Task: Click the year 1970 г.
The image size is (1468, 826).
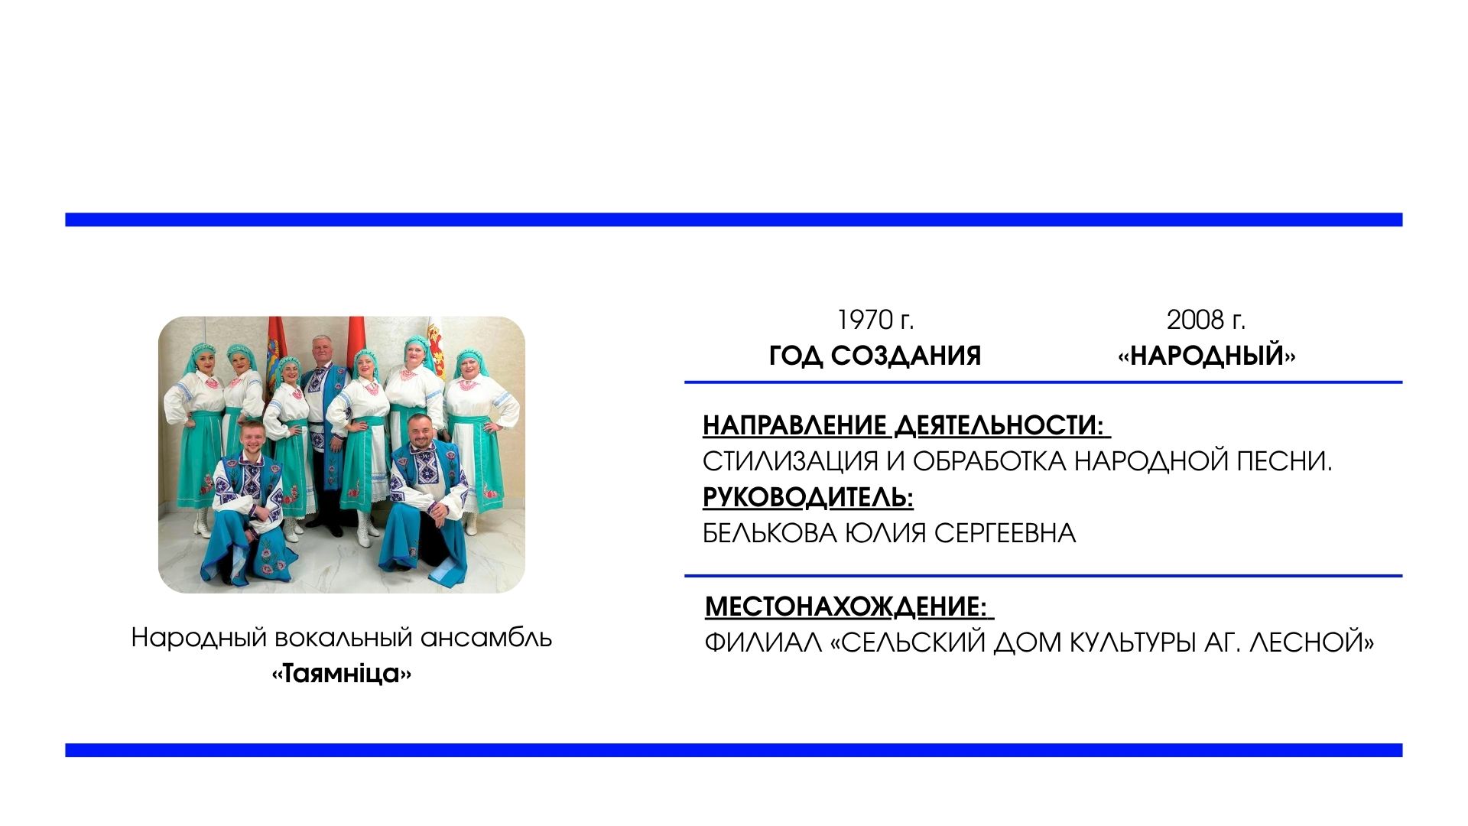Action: click(875, 320)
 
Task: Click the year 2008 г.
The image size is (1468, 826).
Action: click(1206, 320)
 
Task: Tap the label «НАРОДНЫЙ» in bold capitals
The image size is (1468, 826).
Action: click(1207, 356)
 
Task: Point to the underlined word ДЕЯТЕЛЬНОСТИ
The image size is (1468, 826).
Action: click(1001, 425)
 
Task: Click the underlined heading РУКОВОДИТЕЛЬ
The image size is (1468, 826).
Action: click(808, 498)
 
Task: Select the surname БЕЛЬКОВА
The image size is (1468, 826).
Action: click(770, 533)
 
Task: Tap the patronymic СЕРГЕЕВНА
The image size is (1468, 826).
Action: click(1005, 533)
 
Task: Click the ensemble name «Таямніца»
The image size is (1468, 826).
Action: click(342, 674)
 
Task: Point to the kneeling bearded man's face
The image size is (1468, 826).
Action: click(419, 432)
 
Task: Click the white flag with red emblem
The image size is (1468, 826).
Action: click(437, 343)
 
